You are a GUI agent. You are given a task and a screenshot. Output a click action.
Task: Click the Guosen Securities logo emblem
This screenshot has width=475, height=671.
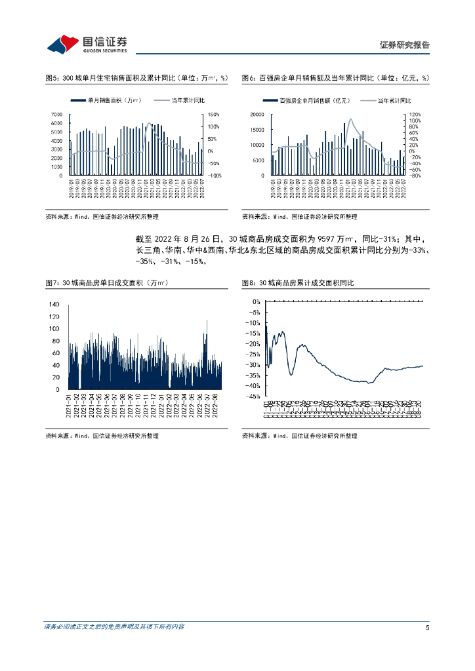(x=62, y=44)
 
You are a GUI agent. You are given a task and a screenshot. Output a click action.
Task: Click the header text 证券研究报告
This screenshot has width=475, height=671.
(x=404, y=45)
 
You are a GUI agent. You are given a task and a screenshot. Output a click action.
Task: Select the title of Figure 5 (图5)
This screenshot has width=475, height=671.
(x=136, y=78)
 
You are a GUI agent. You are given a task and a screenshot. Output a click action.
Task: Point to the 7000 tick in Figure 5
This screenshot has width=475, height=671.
(x=56, y=115)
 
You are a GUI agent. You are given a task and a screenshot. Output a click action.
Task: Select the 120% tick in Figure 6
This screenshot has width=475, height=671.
(x=413, y=115)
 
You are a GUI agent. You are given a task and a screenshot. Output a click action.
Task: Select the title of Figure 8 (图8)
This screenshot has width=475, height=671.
(x=298, y=282)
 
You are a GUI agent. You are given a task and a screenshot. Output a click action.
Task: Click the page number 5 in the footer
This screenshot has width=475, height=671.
(x=427, y=627)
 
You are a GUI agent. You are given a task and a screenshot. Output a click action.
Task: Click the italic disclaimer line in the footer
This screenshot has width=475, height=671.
(x=114, y=627)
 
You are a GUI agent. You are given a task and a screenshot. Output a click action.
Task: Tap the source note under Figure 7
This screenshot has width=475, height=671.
(x=102, y=436)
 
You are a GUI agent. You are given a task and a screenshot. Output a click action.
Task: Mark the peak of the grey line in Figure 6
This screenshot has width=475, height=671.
(x=351, y=119)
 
